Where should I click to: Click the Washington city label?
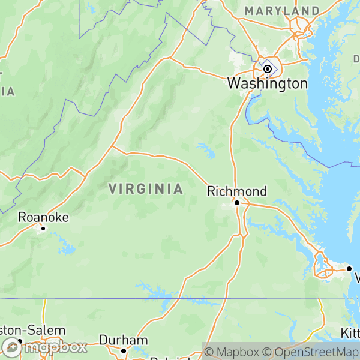267,83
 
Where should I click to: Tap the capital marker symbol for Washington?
268,69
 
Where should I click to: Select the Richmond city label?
236,191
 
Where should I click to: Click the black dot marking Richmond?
237,203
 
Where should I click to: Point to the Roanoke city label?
43,217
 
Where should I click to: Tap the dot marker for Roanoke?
43,228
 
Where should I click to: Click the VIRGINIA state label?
146,189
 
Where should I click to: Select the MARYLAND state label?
281,11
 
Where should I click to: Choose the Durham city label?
123,340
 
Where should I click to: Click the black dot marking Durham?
124,351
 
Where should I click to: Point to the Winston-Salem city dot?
19,341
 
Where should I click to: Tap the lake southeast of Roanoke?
65,246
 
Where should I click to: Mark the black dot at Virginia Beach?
349,268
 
